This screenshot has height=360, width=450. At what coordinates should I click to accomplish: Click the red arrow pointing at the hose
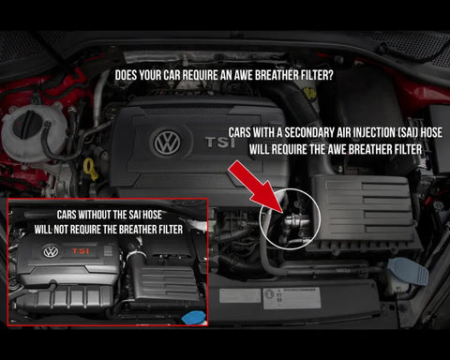coord(255,187)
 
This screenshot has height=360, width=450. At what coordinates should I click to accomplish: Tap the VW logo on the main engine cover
coord(167,142)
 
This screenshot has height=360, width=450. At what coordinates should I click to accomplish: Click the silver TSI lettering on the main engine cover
coord(220,142)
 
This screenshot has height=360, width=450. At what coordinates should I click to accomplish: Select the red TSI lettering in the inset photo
coord(81,250)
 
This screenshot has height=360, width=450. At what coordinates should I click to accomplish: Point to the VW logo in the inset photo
coord(51,251)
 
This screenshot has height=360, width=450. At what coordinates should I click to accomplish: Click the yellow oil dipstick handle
coord(91,169)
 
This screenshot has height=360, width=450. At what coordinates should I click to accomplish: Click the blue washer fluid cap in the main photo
coord(409,271)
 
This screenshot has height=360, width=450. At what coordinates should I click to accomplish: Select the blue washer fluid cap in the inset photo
coord(194,318)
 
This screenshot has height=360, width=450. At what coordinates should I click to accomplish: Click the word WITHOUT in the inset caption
coord(94,215)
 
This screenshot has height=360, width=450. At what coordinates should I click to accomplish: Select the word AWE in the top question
coord(243,75)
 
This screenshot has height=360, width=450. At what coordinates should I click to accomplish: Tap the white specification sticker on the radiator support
coord(292,298)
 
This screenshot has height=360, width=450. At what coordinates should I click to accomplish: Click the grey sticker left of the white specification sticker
coord(240,295)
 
